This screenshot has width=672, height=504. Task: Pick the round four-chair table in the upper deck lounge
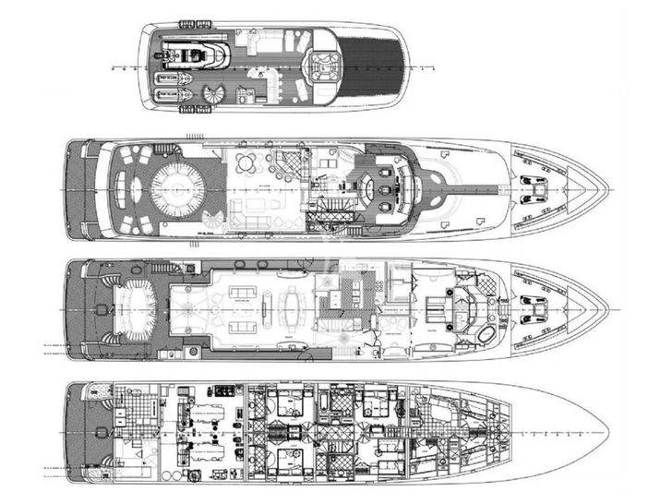pos(246,164)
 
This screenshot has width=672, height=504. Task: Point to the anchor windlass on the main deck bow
pos(534,302)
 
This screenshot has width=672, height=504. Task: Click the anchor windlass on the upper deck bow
pos(534,189)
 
